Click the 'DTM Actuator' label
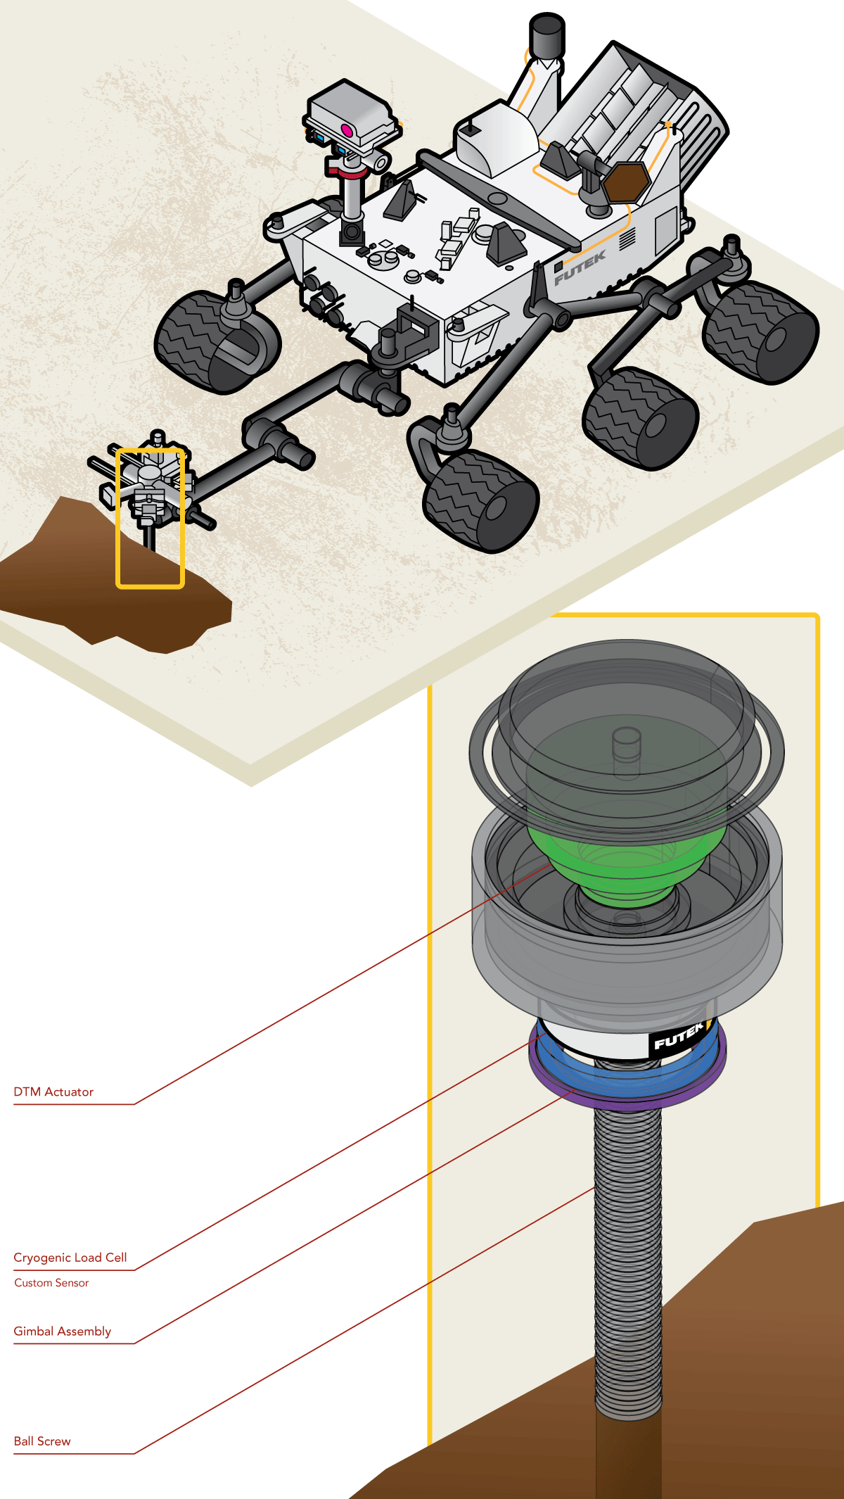(x=53, y=1092)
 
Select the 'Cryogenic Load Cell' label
(x=70, y=1258)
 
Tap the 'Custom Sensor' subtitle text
(x=51, y=1283)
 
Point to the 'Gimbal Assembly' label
(x=63, y=1332)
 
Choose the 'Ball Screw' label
(x=42, y=1441)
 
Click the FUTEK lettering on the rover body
(x=580, y=268)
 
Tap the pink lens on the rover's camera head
(x=347, y=129)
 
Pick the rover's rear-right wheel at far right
(x=760, y=333)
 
